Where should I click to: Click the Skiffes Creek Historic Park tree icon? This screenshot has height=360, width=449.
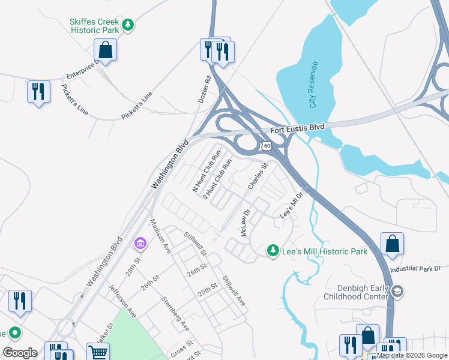pos(127,25)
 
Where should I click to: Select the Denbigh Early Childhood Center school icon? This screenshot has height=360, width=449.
pos(396,292)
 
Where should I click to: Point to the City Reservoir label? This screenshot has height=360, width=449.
pos(313,85)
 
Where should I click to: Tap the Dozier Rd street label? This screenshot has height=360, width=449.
pos(205,88)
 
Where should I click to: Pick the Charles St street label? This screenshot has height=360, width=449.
pos(258,178)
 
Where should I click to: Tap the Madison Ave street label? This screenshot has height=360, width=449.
pos(160,230)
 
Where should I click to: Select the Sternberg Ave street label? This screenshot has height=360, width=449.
pos(175,313)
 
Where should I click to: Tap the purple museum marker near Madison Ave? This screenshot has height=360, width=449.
pos(140,243)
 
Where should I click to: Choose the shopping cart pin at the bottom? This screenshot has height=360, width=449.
pos(97,352)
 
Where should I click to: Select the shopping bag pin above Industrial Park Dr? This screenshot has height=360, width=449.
pos(392,244)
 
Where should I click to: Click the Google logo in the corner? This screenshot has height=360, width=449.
pos(20,353)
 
